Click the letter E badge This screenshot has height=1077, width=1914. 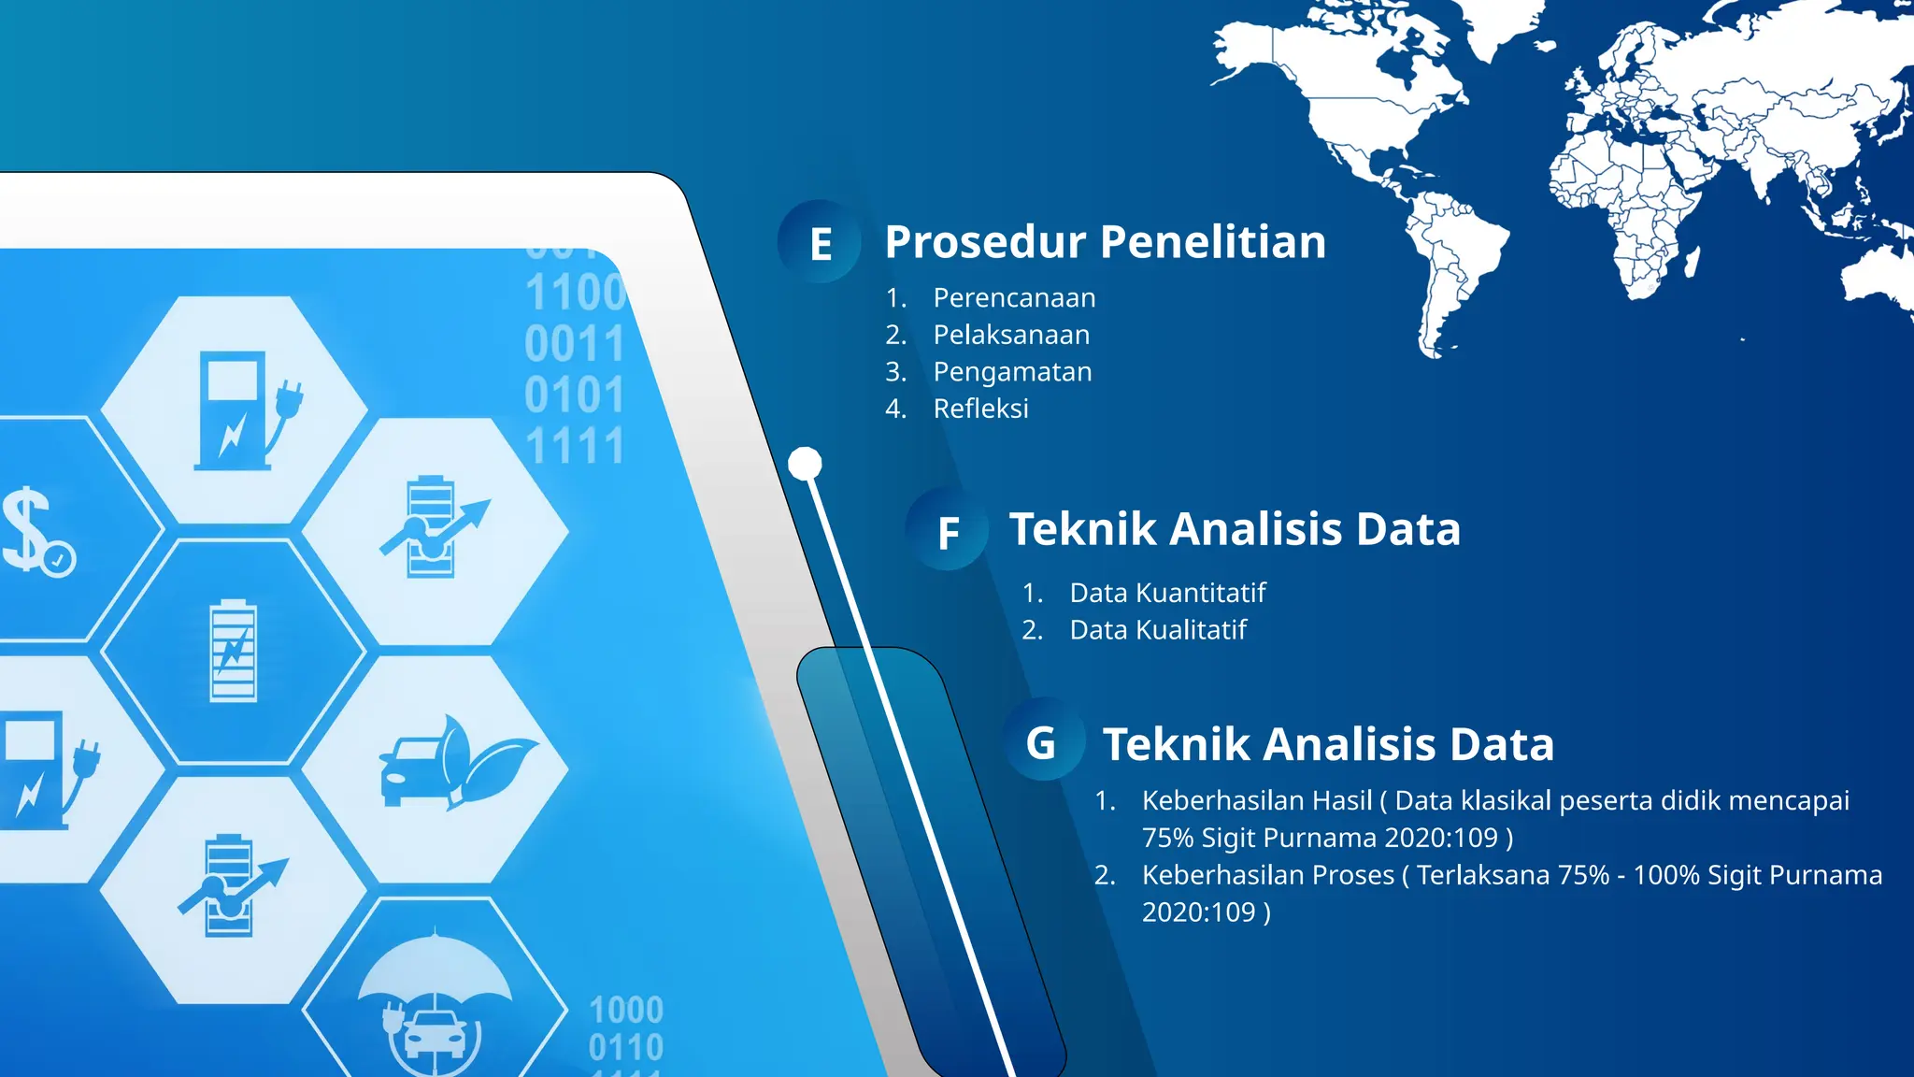820,243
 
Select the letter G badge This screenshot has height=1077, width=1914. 1041,743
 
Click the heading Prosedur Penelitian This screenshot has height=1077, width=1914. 1105,242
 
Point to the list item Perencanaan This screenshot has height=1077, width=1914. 1014,297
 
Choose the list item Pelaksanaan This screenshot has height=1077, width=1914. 1011,335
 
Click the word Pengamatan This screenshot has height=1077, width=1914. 1012,371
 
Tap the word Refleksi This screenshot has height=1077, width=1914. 980,409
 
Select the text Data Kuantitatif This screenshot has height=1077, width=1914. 1167,593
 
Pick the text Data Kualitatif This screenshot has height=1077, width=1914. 1158,630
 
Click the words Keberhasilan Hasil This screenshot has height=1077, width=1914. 1256,800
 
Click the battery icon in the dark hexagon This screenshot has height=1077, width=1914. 233,651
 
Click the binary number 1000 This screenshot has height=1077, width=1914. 626,1010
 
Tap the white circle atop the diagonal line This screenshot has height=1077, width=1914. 805,463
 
